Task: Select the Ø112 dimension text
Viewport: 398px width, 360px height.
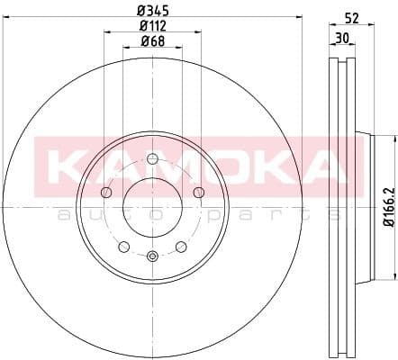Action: click(151, 26)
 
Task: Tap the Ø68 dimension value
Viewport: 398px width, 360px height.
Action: click(151, 41)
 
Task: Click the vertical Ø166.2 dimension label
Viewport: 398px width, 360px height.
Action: click(388, 206)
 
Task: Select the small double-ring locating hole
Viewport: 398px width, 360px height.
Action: click(151, 256)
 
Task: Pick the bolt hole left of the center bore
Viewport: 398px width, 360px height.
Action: click(107, 192)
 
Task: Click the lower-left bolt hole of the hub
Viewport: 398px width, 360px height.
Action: click(124, 245)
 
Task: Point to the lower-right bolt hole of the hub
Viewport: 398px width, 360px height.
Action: click(179, 245)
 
